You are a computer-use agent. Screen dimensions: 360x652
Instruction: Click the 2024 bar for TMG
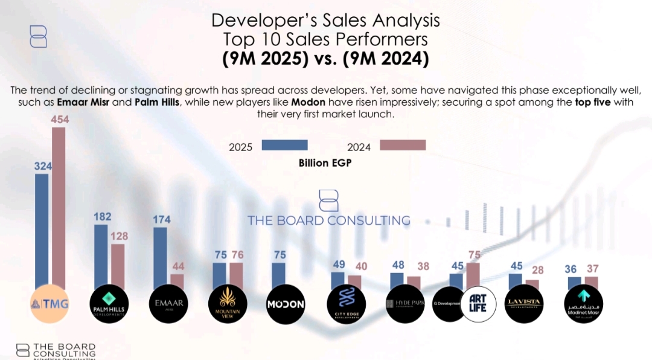[x=58, y=205]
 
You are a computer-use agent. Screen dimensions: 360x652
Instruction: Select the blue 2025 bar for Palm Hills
[x=101, y=257]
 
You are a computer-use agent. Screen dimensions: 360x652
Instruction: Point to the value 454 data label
[x=59, y=120]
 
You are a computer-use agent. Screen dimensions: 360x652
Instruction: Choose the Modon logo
[x=286, y=304]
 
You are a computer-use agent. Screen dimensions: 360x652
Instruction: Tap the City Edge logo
[x=347, y=304]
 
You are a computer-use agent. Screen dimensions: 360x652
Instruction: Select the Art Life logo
[x=478, y=304]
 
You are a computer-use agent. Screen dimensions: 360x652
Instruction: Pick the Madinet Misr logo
[x=583, y=304]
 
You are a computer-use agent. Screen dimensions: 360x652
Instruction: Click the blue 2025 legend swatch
[x=284, y=145]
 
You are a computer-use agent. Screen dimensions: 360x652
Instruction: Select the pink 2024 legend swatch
[x=403, y=145]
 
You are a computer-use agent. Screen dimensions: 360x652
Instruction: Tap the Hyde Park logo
[x=405, y=304]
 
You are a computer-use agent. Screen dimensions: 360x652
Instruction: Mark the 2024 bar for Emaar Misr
[x=177, y=281]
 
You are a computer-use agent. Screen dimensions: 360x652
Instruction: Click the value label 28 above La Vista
[x=537, y=270]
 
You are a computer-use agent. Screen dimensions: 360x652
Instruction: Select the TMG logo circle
[x=50, y=304]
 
